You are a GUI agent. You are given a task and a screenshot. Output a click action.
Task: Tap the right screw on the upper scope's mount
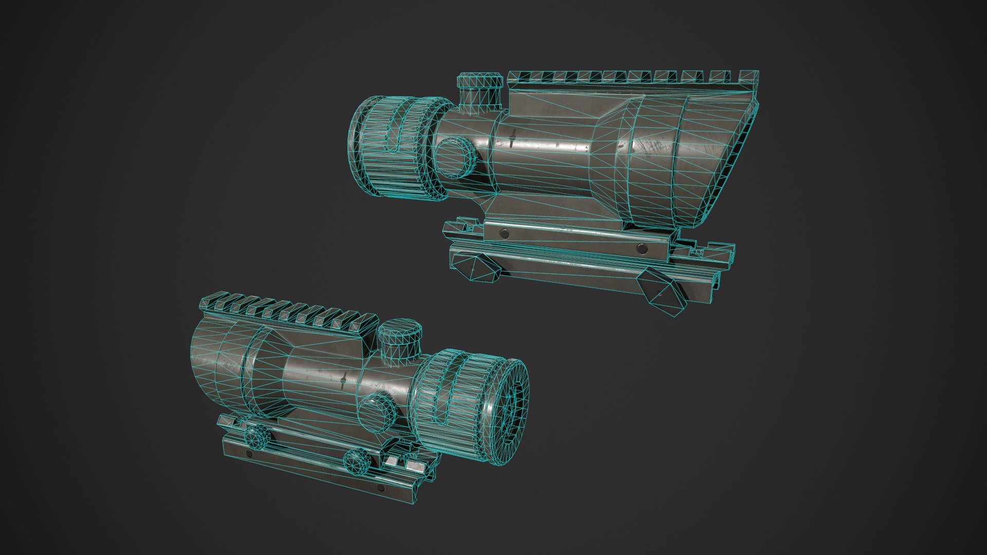click(x=641, y=249)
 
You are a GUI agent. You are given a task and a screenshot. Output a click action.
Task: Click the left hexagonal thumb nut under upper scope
click(x=482, y=268)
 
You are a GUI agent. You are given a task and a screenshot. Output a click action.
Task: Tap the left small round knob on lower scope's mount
click(x=255, y=436)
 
